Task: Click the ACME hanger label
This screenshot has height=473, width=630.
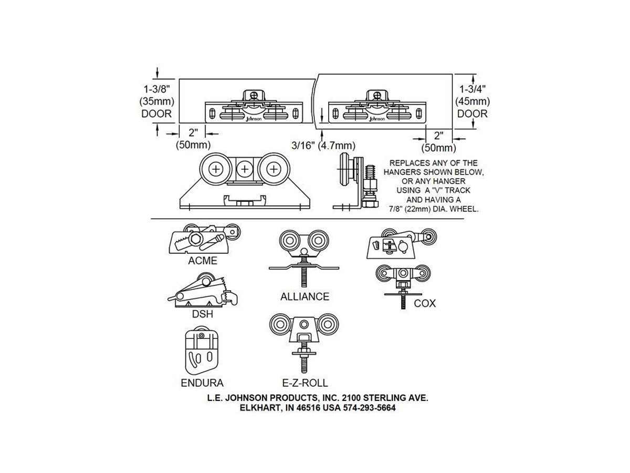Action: coord(202,261)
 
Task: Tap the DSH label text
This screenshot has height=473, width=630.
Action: coord(202,314)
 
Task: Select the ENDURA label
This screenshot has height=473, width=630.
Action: coord(202,383)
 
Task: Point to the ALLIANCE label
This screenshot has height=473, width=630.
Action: coord(304,296)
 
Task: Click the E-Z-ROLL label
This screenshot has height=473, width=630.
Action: coord(305,383)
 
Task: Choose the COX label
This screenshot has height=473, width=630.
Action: coord(425,303)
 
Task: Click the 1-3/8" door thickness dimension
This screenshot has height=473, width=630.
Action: coord(156,101)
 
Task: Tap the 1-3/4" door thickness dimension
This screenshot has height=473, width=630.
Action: coord(472,101)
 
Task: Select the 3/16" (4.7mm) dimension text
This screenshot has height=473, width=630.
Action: coord(323,146)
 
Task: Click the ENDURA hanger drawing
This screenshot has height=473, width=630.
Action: coord(202,351)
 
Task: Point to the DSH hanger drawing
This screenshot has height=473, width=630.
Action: coord(202,290)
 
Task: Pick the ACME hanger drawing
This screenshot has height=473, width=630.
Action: coord(204,239)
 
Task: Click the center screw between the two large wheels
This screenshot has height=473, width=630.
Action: coord(245,169)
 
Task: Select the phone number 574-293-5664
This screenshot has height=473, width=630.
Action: coord(370,408)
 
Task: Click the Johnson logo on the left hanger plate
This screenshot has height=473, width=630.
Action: coord(254,119)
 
